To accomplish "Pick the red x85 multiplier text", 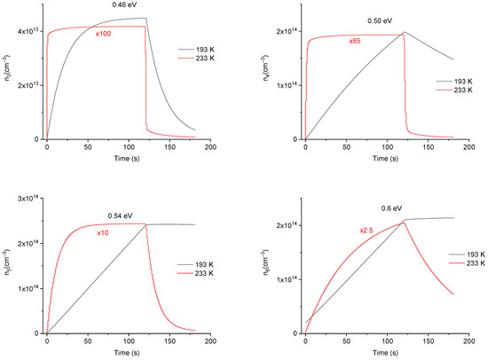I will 355,41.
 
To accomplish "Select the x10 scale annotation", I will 103,233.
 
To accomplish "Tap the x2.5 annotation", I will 341,231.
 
